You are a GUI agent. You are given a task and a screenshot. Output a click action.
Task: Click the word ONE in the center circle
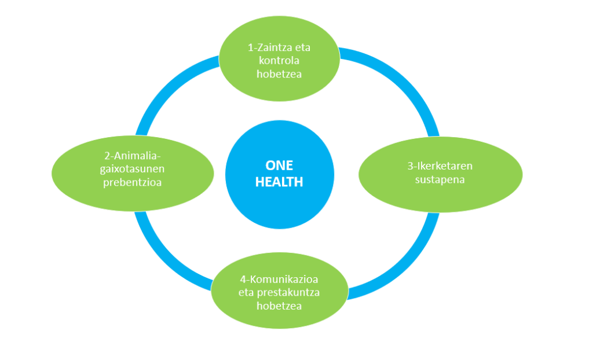(x=279, y=166)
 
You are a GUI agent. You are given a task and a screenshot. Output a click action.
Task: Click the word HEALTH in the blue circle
(x=279, y=182)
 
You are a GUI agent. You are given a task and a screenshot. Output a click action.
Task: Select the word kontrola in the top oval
(x=279, y=61)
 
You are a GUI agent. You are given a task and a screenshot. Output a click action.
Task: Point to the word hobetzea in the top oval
(x=279, y=74)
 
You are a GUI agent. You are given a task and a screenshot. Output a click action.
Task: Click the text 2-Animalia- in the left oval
(x=133, y=156)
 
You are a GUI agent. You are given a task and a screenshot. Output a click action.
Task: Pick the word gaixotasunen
(x=133, y=169)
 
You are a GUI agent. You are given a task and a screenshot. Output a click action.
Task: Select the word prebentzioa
(x=133, y=182)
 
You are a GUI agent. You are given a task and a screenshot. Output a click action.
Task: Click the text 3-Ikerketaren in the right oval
(x=440, y=166)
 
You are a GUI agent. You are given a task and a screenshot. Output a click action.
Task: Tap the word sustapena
(x=440, y=179)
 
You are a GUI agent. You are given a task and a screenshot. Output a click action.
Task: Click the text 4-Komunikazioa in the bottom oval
(x=279, y=280)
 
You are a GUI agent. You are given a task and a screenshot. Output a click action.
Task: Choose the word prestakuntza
(x=288, y=293)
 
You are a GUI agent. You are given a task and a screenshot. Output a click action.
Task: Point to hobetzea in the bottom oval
(x=279, y=306)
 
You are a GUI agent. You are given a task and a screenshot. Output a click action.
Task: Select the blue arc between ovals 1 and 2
(x=166, y=86)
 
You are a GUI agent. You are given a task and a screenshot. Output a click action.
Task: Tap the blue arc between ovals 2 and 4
(x=162, y=259)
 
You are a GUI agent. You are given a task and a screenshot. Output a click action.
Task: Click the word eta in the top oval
(x=302, y=47)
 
